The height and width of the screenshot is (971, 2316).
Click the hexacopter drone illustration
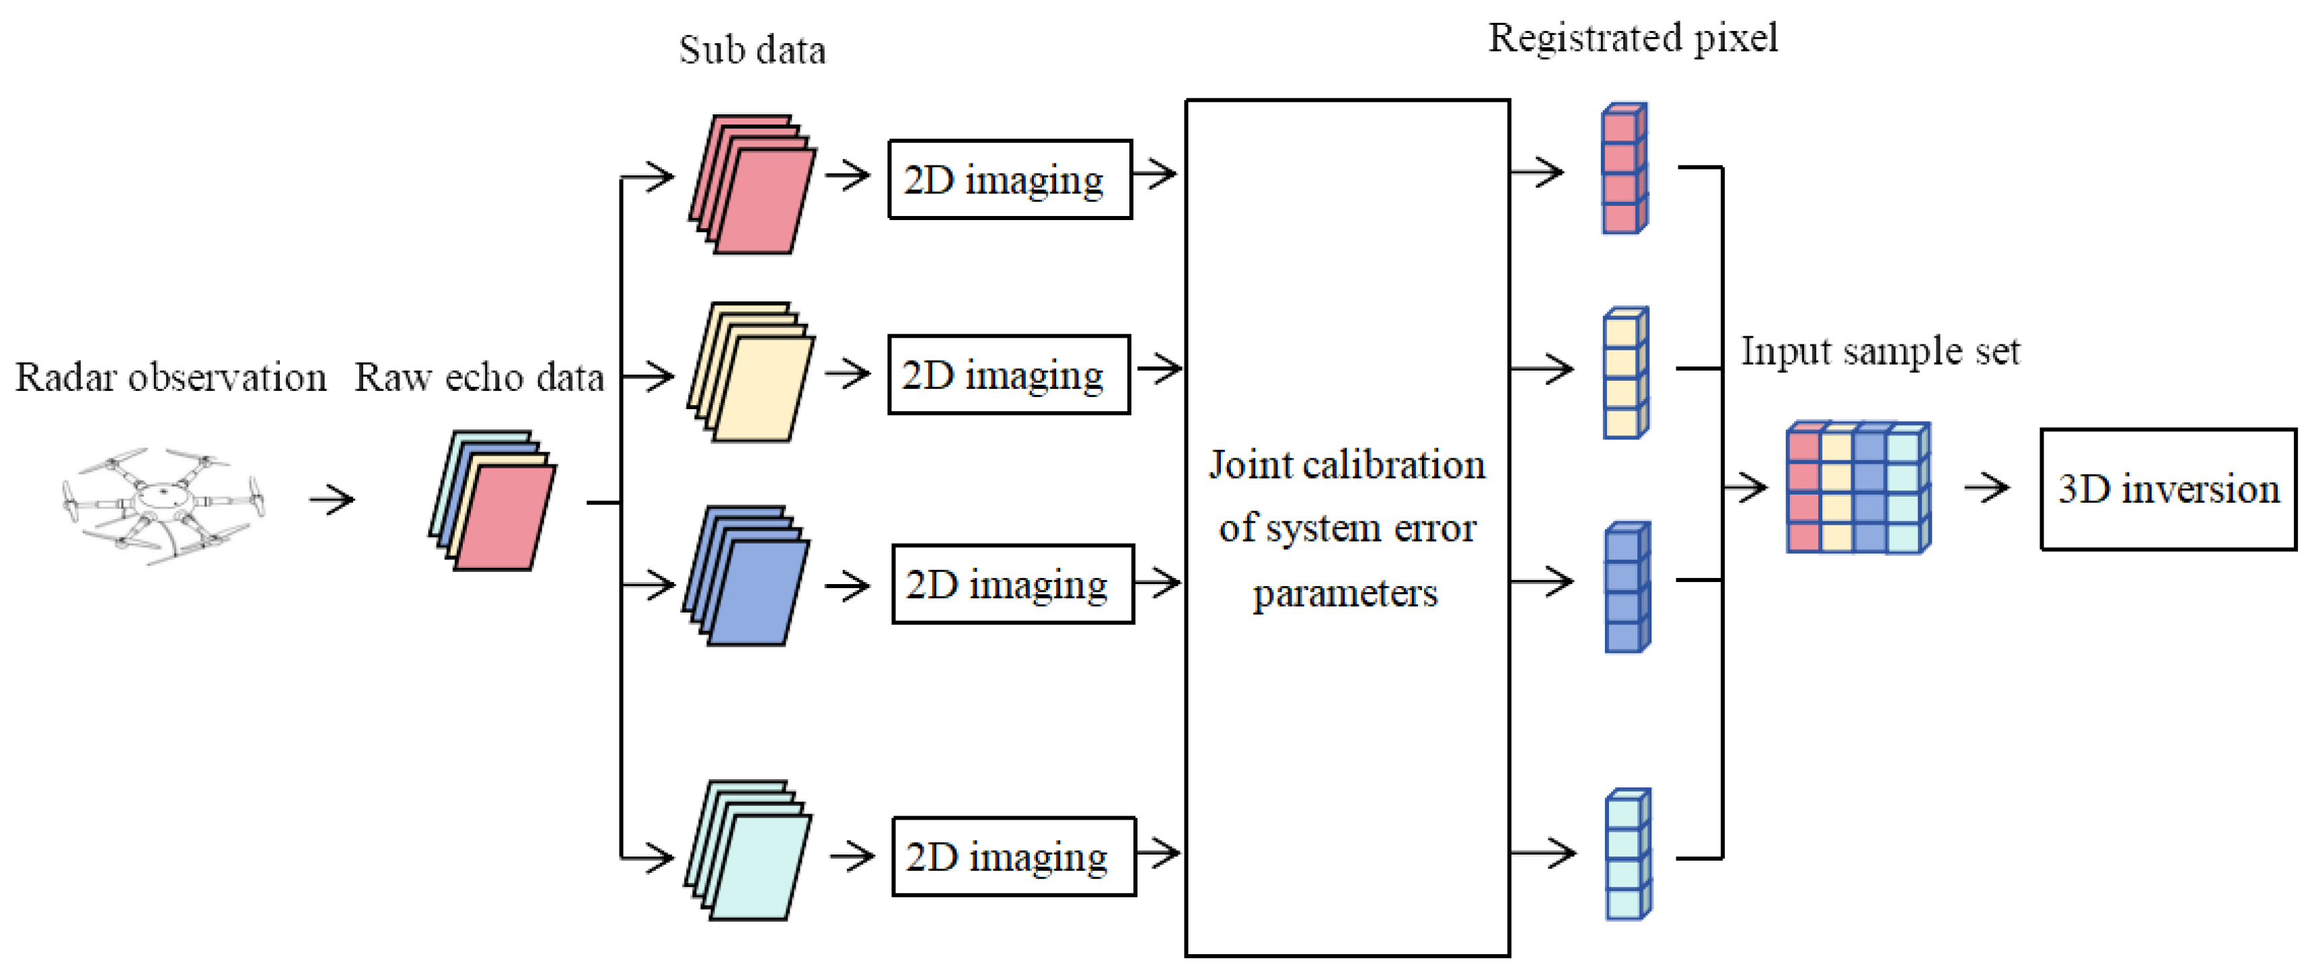click(163, 505)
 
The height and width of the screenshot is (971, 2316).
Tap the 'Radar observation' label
click(171, 377)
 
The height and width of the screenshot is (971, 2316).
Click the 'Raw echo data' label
click(478, 377)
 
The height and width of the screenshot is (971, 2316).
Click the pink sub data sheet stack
click(753, 184)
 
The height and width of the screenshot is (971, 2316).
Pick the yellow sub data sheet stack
click(751, 372)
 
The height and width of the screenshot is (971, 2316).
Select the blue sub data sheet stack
click(746, 575)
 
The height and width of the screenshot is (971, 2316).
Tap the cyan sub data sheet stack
click(748, 850)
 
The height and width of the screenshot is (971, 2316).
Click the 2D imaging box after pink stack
click(1009, 179)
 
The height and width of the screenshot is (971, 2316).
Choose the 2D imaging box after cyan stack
click(1013, 856)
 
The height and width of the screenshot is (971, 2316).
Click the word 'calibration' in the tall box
click(1394, 465)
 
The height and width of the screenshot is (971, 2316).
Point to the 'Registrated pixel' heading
click(1632, 38)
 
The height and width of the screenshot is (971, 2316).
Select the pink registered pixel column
click(1624, 169)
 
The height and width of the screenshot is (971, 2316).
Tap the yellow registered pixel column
click(1626, 372)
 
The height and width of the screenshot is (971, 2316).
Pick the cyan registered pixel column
click(1629, 854)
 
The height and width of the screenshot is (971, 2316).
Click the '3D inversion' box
click(2167, 489)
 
